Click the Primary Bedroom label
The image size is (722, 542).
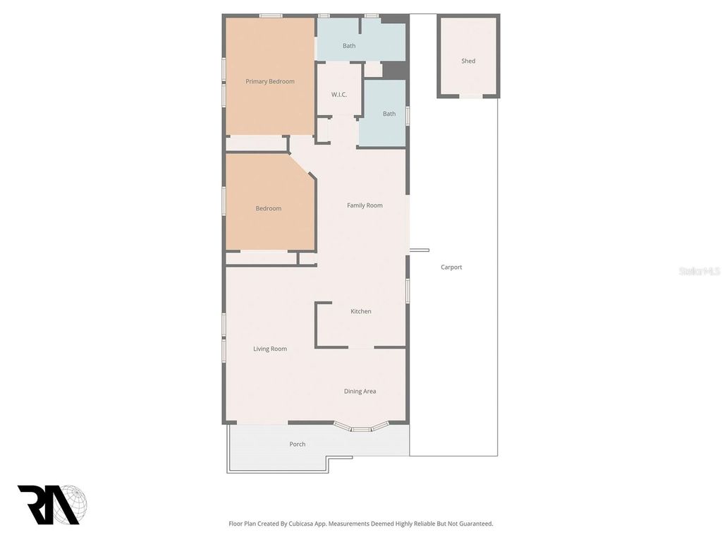pyautogui.click(x=270, y=81)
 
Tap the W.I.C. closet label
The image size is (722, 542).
pyautogui.click(x=339, y=95)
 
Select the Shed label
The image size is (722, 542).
pyautogui.click(x=468, y=61)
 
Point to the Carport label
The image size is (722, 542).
pyautogui.click(x=451, y=267)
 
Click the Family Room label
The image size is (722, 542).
pyautogui.click(x=365, y=205)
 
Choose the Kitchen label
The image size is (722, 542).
pyautogui.click(x=361, y=311)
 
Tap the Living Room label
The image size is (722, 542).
pyautogui.click(x=270, y=349)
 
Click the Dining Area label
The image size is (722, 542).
pyautogui.click(x=360, y=391)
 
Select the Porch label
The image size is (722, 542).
pyautogui.click(x=298, y=444)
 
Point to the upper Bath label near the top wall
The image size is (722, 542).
pyautogui.click(x=349, y=46)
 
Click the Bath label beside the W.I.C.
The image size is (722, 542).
pyautogui.click(x=389, y=114)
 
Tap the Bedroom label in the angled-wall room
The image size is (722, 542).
pyautogui.click(x=268, y=208)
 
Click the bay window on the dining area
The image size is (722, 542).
pyautogui.click(x=360, y=427)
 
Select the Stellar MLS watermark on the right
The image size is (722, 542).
pyautogui.click(x=699, y=271)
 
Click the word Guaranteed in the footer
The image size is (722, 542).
pyautogui.click(x=475, y=524)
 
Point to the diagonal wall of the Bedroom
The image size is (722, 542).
pyautogui.click(x=303, y=167)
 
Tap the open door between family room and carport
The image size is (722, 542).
pyautogui.click(x=419, y=250)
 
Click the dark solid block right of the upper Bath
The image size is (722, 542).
pyautogui.click(x=395, y=70)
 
